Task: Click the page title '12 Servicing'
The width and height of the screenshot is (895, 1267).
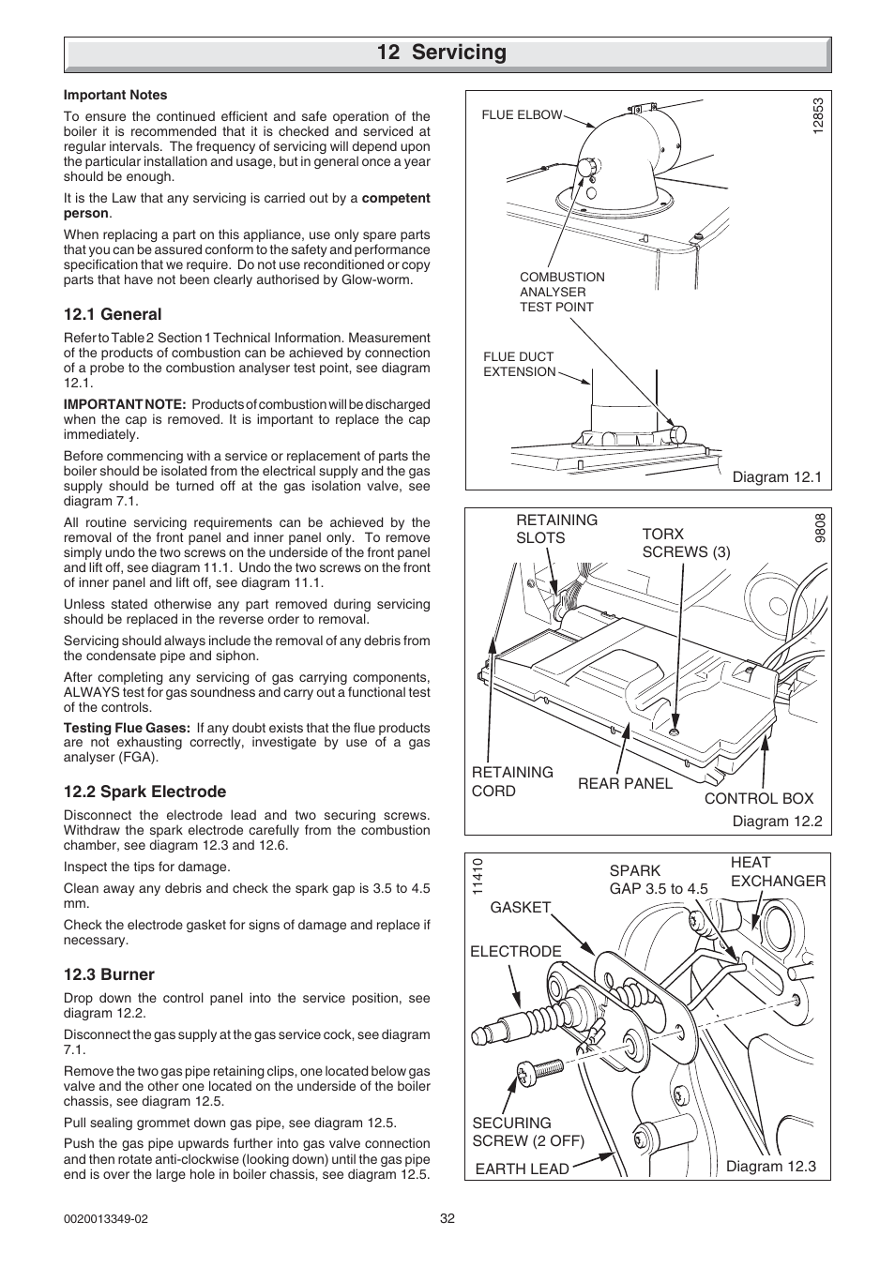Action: tap(441, 53)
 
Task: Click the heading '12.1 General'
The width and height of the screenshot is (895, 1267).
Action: tap(113, 314)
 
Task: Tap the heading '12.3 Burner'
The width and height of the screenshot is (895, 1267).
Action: tap(109, 974)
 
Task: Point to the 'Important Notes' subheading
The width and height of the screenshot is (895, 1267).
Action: tap(115, 95)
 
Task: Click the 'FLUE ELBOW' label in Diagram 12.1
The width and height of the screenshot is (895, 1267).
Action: tap(522, 114)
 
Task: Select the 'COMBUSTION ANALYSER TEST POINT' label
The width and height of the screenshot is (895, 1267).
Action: tap(562, 292)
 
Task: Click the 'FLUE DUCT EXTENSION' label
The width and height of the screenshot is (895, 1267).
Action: tap(520, 364)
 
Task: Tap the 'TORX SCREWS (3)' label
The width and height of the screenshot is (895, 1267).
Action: tap(686, 542)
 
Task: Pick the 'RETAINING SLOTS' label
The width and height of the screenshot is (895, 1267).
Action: tap(556, 529)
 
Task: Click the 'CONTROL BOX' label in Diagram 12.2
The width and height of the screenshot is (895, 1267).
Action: tap(759, 798)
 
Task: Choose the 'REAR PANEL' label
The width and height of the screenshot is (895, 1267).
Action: tap(625, 783)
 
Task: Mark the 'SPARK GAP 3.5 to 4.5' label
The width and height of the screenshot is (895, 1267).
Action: tap(659, 880)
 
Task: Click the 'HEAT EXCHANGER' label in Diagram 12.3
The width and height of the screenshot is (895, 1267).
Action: tap(778, 871)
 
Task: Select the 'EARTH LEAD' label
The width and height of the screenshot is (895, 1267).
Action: tap(522, 1169)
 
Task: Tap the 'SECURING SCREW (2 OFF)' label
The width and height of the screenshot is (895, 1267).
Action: tap(528, 1131)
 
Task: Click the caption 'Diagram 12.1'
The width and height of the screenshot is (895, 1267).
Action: tap(777, 476)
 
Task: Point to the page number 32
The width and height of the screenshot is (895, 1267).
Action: tap(447, 1218)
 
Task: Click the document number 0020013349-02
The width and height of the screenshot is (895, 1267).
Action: tap(106, 1218)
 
